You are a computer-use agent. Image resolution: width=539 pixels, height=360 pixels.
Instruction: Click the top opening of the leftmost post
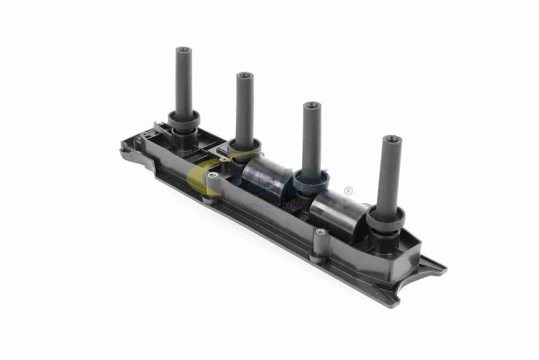(x=183, y=50)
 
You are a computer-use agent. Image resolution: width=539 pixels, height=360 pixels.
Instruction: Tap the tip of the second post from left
(x=245, y=76)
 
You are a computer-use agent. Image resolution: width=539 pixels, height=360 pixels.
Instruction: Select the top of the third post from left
(x=311, y=106)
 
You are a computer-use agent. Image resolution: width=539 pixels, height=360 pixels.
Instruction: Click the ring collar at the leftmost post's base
(x=184, y=122)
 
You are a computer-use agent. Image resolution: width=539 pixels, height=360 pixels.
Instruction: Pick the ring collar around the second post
(x=245, y=146)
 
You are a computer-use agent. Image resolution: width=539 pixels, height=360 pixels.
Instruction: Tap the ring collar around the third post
(x=313, y=179)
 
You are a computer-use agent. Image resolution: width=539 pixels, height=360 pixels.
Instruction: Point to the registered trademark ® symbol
(x=348, y=191)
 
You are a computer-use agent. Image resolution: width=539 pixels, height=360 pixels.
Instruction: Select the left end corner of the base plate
(x=125, y=150)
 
